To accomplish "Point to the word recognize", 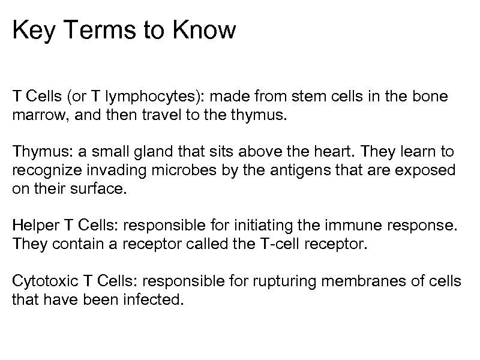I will coord(43,171).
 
